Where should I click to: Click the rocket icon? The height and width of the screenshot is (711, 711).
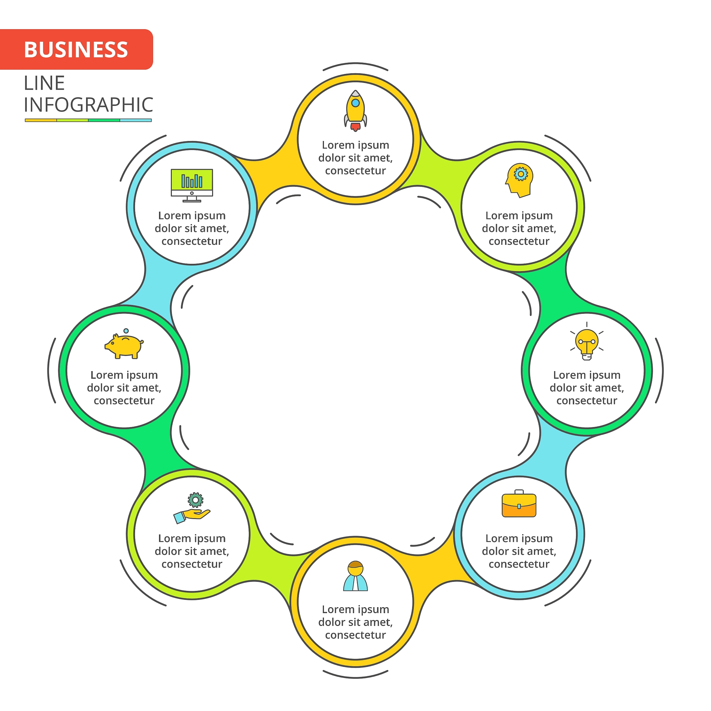(x=355, y=110)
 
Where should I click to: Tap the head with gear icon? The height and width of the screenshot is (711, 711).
(x=519, y=180)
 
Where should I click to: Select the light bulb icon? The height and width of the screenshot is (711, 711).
(x=587, y=342)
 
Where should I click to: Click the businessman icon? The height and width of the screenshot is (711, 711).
(x=355, y=576)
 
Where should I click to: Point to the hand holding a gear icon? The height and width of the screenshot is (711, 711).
(x=192, y=509)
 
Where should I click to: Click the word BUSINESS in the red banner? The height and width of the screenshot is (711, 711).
(x=76, y=50)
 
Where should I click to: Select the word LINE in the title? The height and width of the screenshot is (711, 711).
(x=44, y=83)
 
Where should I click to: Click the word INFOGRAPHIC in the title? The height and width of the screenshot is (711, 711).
(x=88, y=105)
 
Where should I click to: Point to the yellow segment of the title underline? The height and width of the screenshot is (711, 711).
(x=41, y=120)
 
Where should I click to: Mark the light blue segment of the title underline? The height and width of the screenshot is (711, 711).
(x=135, y=120)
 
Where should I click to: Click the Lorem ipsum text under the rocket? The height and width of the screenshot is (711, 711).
(x=355, y=158)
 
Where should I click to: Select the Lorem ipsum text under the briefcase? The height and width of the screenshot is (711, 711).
(x=519, y=551)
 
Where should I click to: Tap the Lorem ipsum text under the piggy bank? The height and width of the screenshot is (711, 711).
(x=124, y=387)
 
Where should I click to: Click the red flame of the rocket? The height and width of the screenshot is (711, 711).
(x=355, y=127)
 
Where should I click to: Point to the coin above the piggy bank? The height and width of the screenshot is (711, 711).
(x=126, y=331)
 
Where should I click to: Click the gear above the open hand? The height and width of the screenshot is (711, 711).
(x=195, y=500)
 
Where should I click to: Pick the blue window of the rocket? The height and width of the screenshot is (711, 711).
(x=355, y=103)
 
